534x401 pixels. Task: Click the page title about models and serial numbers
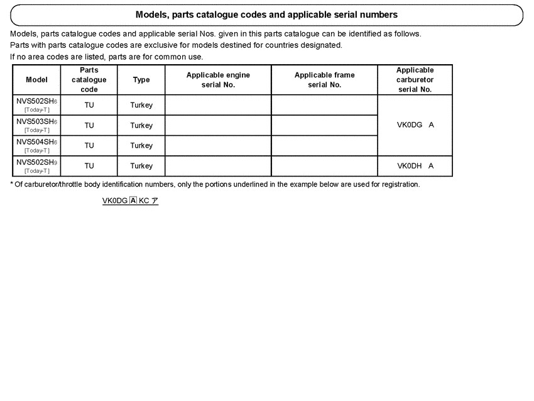point(266,14)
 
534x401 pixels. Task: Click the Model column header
point(36,80)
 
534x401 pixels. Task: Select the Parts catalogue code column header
point(89,80)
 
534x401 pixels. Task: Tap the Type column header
point(141,80)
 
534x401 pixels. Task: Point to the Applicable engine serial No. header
point(218,80)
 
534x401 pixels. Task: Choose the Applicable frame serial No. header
point(324,80)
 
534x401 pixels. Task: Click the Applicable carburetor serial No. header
point(415,80)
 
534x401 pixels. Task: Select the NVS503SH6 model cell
point(36,125)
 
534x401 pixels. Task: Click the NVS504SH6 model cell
point(36,145)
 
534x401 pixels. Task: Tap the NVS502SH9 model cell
point(36,166)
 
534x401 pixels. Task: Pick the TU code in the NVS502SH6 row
point(89,106)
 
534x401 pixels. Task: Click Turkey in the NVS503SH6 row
point(141,126)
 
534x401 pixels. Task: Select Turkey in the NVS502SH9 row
point(141,166)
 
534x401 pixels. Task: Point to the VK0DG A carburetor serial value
point(415,125)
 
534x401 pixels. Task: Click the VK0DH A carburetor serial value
point(415,166)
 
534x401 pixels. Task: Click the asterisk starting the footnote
point(12,185)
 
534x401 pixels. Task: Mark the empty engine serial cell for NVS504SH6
point(218,146)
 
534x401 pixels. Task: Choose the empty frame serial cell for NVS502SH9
point(324,166)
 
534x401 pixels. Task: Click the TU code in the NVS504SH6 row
point(89,146)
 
